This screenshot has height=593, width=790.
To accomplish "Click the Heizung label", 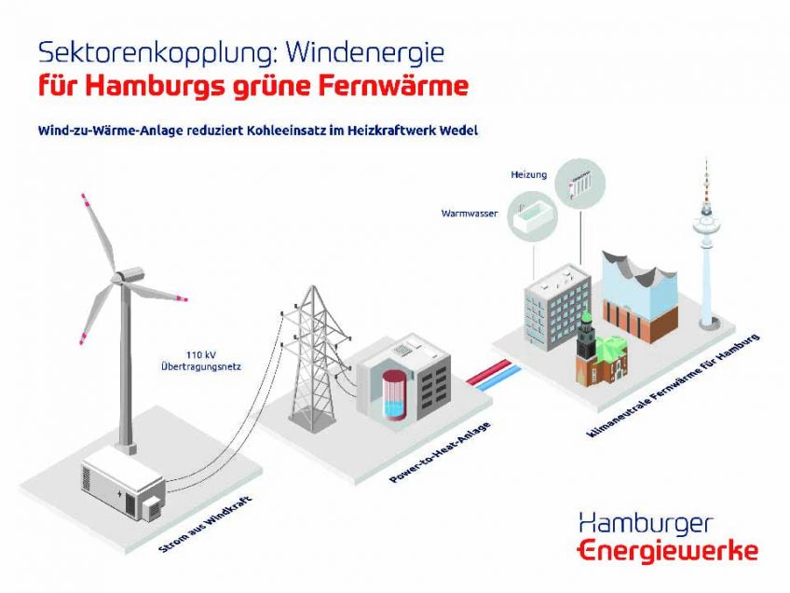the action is click(x=528, y=175).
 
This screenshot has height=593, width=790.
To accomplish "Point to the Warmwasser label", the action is click(x=470, y=214).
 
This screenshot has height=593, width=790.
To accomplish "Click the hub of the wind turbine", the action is click(x=119, y=277).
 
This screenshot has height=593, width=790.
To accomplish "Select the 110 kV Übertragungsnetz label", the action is click(x=201, y=361).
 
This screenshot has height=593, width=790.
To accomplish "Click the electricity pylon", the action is click(x=313, y=358).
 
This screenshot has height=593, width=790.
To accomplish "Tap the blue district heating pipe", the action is click(x=497, y=379).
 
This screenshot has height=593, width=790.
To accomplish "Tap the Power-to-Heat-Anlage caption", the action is click(x=440, y=452).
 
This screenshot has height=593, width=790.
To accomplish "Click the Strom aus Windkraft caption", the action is click(x=205, y=524).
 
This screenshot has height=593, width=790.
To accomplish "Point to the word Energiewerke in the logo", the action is click(x=668, y=551).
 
